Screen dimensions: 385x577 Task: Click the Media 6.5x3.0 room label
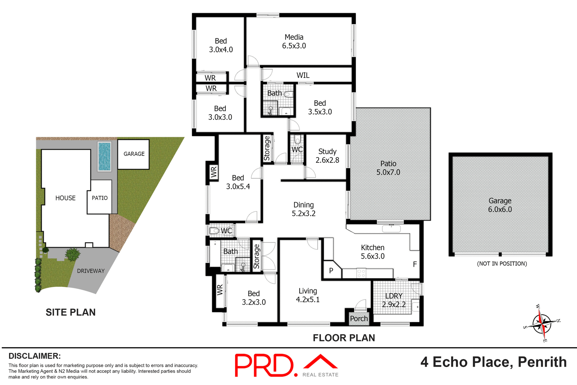294,42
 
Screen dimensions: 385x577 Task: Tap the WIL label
303,75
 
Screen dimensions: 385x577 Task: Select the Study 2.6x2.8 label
327,156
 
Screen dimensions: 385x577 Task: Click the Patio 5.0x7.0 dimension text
388,172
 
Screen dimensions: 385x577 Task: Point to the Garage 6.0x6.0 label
500,205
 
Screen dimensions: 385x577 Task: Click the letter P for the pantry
331,271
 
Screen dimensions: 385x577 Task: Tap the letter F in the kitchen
415,264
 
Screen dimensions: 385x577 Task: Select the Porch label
359,319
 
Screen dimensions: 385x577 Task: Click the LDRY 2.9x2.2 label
394,300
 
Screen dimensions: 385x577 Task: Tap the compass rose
542,324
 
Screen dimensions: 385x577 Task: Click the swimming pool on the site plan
104,156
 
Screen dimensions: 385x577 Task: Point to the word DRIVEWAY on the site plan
90,271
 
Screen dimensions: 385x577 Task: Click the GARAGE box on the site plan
134,154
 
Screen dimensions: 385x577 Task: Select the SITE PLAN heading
70,312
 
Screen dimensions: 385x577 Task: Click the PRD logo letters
264,365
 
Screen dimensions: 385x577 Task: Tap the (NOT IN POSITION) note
502,264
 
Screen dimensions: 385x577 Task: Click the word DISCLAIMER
35,356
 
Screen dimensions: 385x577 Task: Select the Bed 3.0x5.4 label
238,182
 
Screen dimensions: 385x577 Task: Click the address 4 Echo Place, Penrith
493,362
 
